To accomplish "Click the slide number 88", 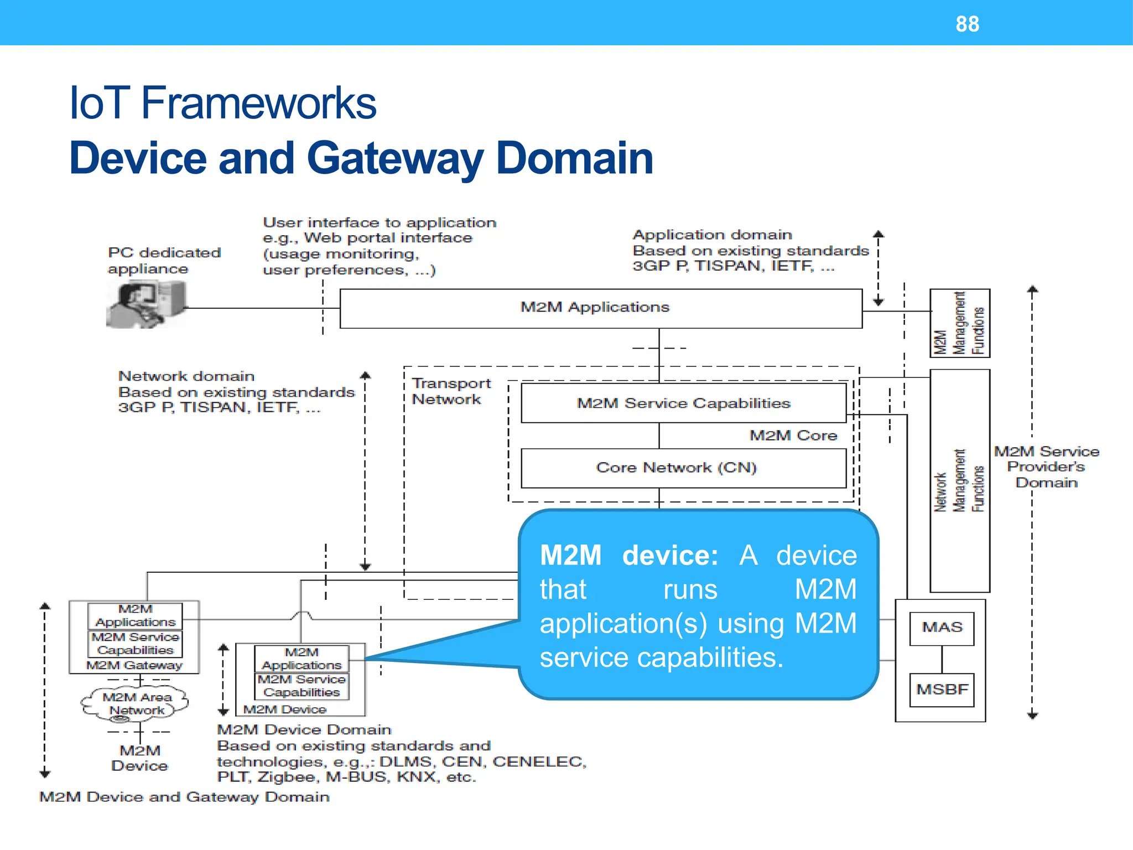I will click(x=967, y=24).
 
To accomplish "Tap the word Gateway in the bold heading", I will click(x=394, y=159).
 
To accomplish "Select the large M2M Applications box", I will click(x=600, y=308).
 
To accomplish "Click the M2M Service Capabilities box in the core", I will click(x=683, y=403).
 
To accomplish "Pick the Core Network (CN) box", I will click(x=683, y=468).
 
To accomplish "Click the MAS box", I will click(x=942, y=628).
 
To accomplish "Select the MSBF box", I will click(x=942, y=690).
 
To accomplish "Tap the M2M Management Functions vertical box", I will click(x=959, y=323).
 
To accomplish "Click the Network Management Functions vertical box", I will click(x=959, y=480).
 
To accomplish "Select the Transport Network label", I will click(x=450, y=391).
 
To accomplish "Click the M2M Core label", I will click(x=793, y=436).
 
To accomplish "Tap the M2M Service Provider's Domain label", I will click(x=1046, y=467).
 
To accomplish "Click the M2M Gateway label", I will click(x=134, y=665).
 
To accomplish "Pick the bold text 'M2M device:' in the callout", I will click(x=628, y=555).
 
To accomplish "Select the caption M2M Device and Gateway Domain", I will click(x=184, y=797).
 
